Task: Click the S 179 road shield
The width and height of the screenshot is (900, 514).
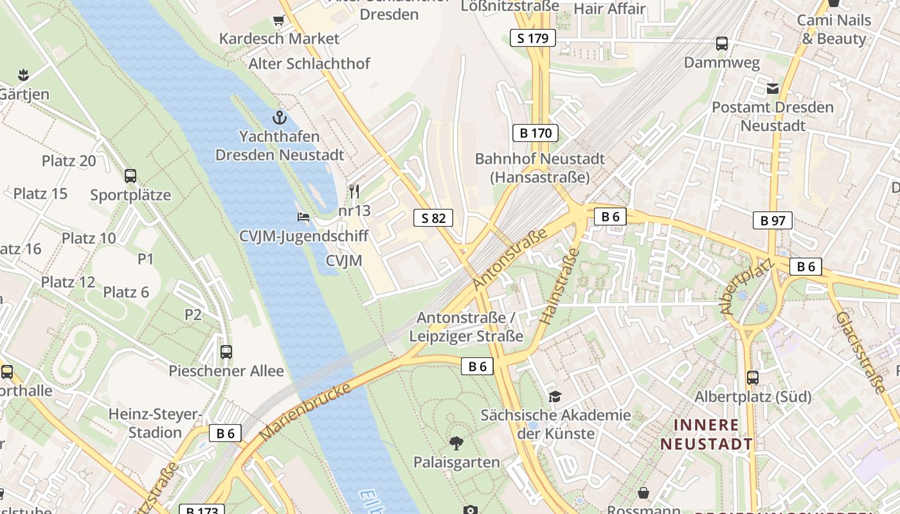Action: [x=533, y=38]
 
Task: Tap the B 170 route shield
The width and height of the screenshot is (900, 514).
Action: [x=535, y=134]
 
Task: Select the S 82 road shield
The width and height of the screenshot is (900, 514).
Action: [x=433, y=218]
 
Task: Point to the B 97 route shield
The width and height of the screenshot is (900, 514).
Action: [x=773, y=220]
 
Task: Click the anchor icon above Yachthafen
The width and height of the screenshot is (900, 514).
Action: [x=279, y=118]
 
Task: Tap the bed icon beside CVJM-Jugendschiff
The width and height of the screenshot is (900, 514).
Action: [x=303, y=217]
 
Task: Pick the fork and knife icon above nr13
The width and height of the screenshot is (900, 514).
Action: [x=354, y=191]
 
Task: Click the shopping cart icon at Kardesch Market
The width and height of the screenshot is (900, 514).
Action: [x=279, y=20]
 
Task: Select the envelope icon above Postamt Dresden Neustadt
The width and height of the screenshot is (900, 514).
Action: [x=773, y=88]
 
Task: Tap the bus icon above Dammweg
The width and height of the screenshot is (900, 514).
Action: [x=722, y=44]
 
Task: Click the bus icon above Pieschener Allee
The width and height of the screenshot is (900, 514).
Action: [x=226, y=351]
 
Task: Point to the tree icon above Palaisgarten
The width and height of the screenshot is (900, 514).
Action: [x=456, y=443]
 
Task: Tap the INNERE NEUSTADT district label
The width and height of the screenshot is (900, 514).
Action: [x=706, y=434]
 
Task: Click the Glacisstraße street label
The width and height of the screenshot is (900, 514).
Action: [x=861, y=351]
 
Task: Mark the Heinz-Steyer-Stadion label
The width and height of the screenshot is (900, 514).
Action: [x=155, y=423]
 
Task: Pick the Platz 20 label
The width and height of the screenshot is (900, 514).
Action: [x=69, y=161]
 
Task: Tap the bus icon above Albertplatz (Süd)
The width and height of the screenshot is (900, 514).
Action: [x=752, y=377]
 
